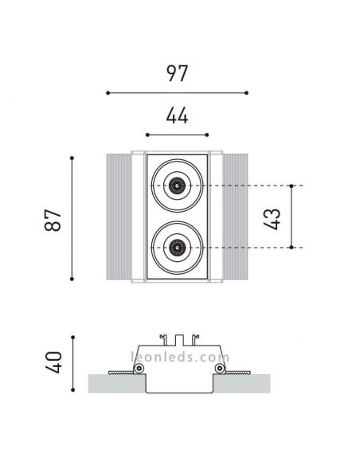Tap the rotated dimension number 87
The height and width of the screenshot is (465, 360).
(x=54, y=217)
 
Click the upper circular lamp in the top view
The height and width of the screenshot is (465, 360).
(x=176, y=186)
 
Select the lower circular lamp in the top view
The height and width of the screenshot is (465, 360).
(x=176, y=248)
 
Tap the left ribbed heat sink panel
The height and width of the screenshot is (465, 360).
(x=118, y=217)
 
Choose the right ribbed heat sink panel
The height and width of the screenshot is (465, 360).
(x=236, y=217)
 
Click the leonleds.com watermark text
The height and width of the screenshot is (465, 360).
(x=178, y=358)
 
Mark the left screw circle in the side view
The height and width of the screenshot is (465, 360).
(x=140, y=369)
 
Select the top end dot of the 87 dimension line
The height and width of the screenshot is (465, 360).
(x=73, y=155)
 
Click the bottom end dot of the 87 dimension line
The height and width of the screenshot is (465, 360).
(x=73, y=279)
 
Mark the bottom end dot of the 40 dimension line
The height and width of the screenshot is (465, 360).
(x=73, y=390)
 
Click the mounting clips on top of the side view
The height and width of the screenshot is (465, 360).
(x=178, y=338)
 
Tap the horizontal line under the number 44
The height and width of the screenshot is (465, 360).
(x=178, y=135)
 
